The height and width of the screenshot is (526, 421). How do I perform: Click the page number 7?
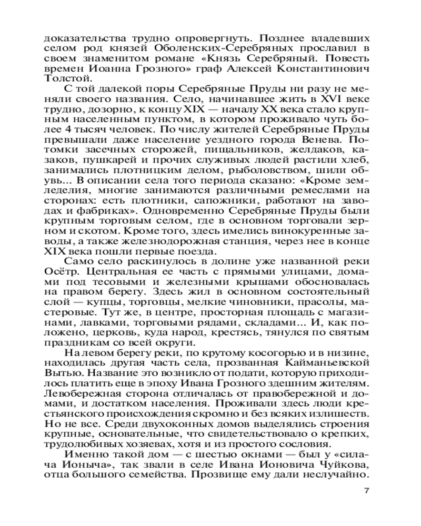click(367, 491)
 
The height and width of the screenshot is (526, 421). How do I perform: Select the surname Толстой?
click(62, 79)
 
